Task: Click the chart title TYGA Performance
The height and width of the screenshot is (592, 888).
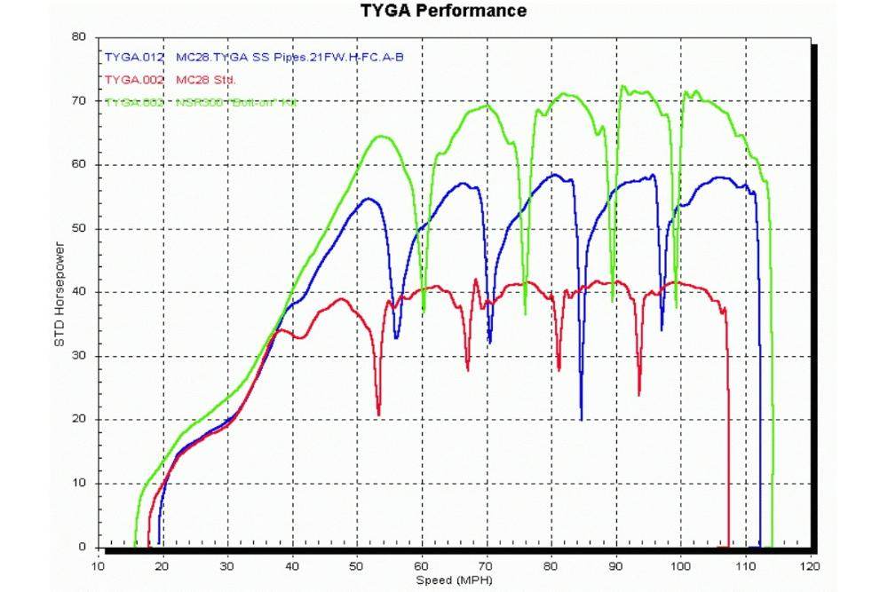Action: [443, 11]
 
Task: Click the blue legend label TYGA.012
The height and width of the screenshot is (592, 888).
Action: [134, 56]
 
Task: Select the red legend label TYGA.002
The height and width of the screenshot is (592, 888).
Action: [134, 79]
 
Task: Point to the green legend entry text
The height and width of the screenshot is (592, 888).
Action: [201, 102]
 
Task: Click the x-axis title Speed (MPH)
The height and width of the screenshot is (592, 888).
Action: [453, 581]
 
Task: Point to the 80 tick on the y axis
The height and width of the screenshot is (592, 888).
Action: [81, 37]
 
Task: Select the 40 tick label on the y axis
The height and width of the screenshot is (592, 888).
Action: [81, 292]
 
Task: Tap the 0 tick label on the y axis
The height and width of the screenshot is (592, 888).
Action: [84, 547]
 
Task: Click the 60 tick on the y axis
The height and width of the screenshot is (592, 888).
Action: [81, 165]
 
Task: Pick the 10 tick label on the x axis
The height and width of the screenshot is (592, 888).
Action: [98, 564]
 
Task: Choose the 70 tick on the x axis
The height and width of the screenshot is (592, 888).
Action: [487, 564]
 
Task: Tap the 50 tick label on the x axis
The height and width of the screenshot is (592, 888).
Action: [357, 564]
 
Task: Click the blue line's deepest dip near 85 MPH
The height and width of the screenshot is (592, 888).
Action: [582, 419]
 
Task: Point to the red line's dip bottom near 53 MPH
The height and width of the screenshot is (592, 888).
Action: [378, 414]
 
